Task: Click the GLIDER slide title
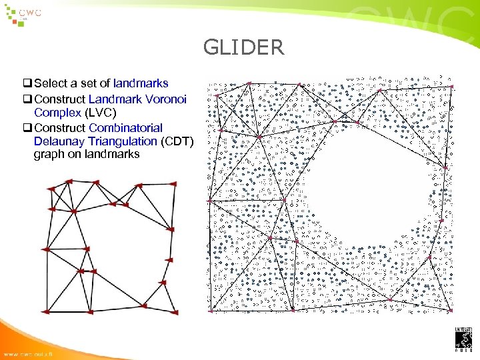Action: point(243,47)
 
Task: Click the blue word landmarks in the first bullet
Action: point(141,84)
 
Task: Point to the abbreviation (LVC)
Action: point(100,113)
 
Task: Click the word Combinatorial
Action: point(125,127)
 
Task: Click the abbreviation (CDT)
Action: point(177,141)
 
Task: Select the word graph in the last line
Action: point(49,154)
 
